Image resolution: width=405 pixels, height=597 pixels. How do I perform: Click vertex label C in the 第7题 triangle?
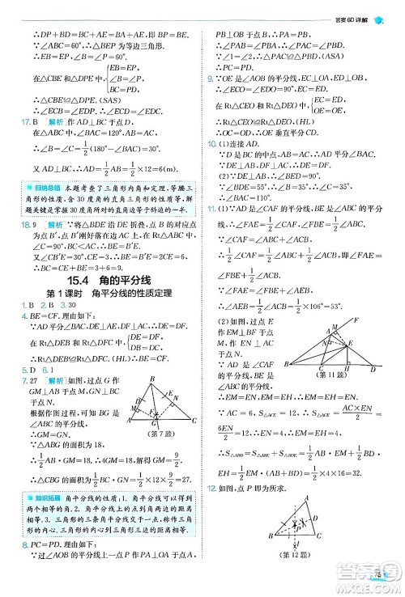click(x=194, y=421)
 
